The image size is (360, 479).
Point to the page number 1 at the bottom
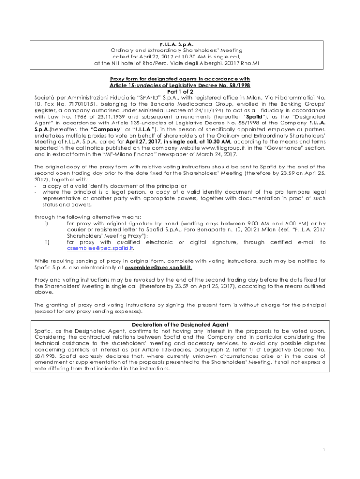[323, 450]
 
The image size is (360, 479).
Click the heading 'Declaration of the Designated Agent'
[180, 324]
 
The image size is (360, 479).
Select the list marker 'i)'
[47, 223]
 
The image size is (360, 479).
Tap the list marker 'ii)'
[47, 242]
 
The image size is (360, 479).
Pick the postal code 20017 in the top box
[237, 62]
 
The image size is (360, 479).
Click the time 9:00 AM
[255, 223]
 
